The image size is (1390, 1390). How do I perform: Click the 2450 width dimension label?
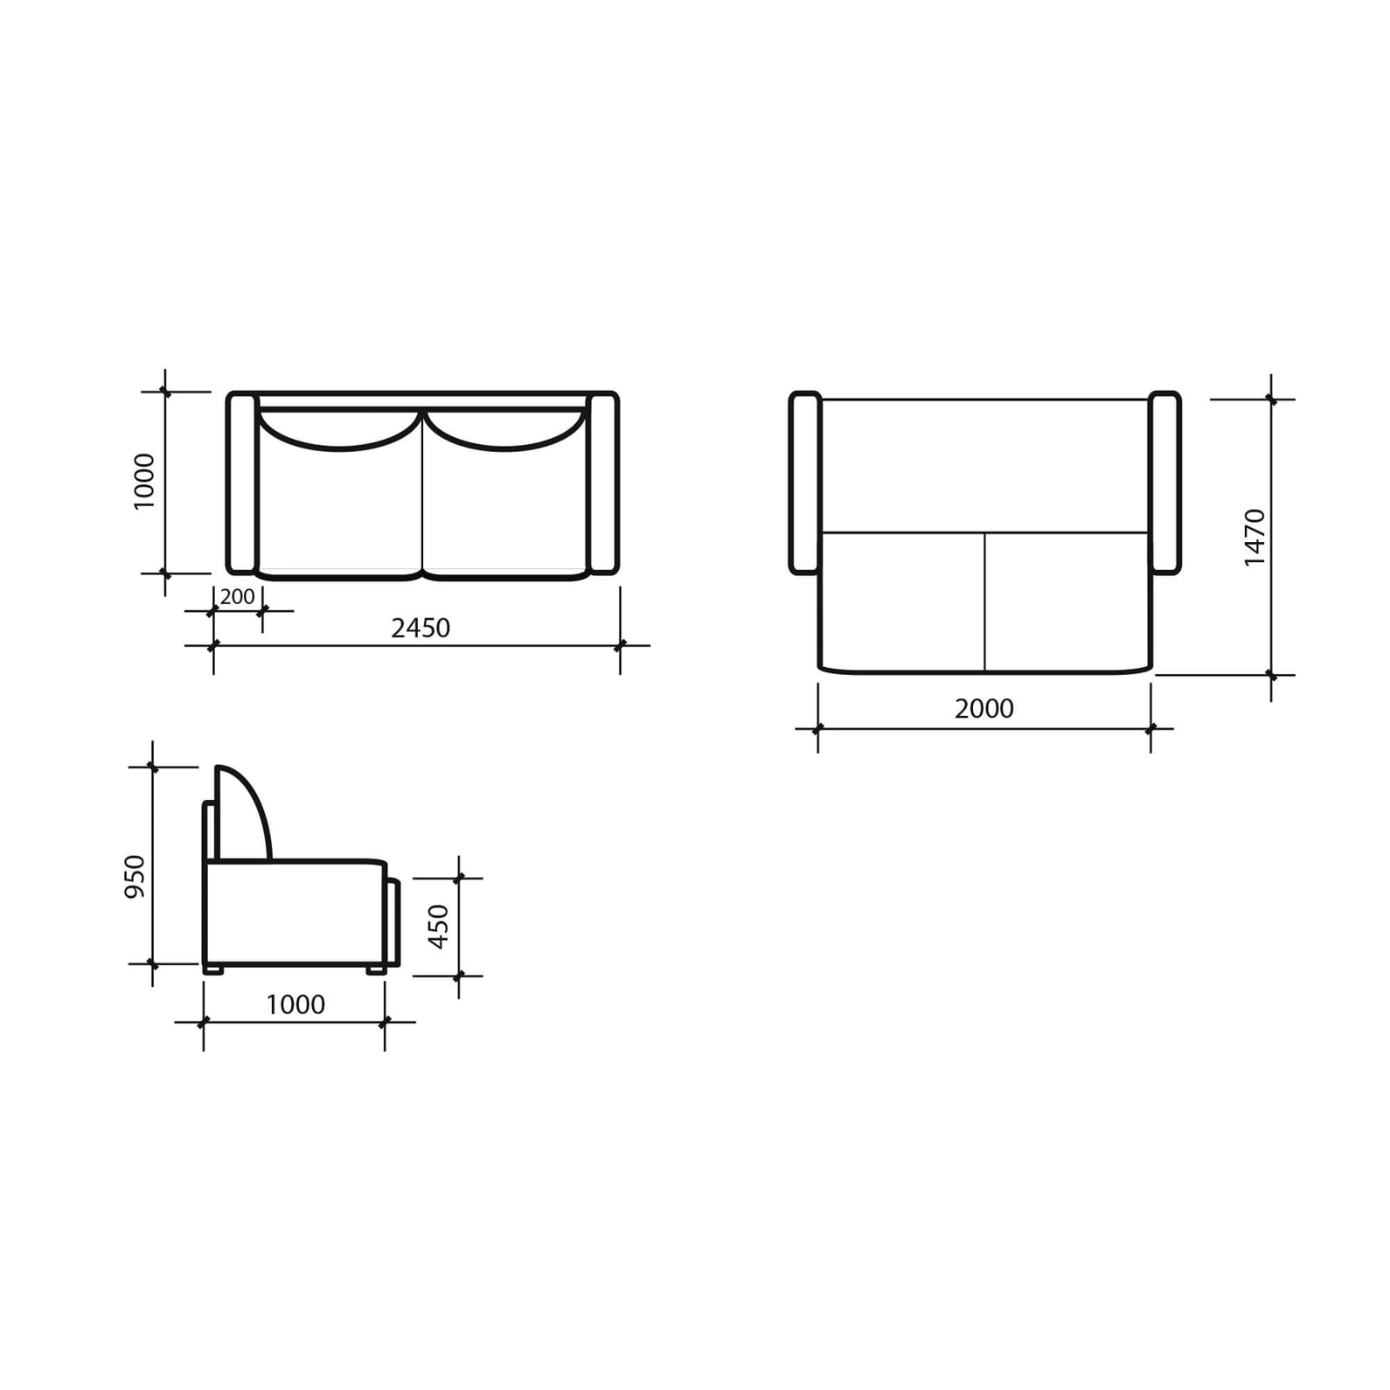click(420, 627)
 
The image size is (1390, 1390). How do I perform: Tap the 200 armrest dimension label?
click(237, 597)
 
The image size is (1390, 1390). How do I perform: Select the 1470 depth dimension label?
click(1254, 538)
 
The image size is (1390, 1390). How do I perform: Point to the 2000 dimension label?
click(984, 708)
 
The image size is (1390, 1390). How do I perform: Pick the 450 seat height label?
click(439, 926)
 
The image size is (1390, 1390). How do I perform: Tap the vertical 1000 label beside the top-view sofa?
click(143, 480)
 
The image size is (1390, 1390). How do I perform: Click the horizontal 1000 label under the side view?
click(295, 1004)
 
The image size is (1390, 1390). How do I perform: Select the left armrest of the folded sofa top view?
click(242, 483)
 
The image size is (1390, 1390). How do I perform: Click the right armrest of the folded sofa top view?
click(603, 483)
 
